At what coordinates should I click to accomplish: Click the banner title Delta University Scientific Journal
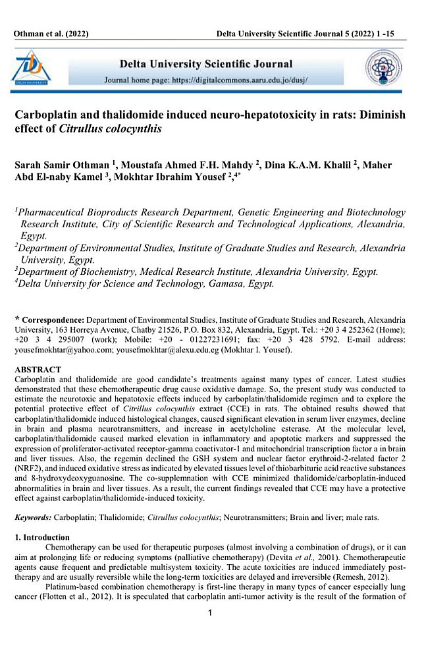(205, 65)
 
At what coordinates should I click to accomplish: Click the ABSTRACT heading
(38, 370)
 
